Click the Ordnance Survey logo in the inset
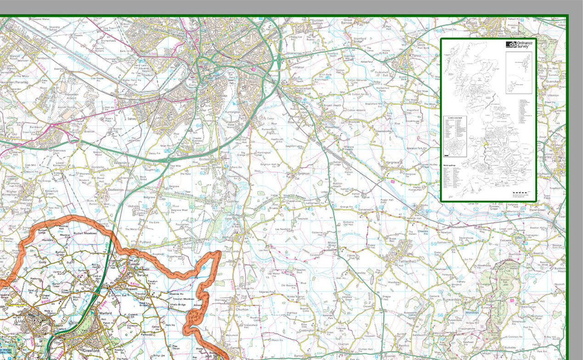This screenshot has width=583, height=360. (519, 45)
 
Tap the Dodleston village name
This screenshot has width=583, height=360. (115, 190)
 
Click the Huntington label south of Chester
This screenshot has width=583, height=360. (233, 112)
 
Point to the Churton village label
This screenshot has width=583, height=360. (241, 309)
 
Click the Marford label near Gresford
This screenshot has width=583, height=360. (105, 313)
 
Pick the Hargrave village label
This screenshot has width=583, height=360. (393, 163)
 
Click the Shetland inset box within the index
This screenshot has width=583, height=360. (519, 73)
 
